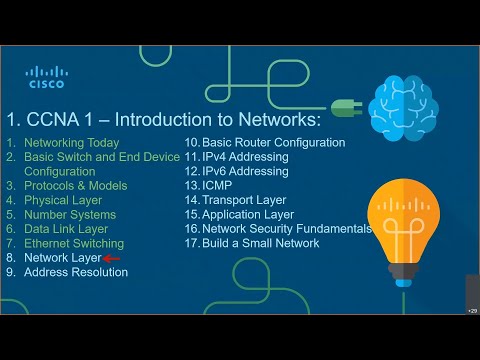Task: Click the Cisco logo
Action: click(x=45, y=77)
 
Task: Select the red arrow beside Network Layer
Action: click(x=111, y=258)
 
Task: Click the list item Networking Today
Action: click(x=71, y=143)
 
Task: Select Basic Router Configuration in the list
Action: click(x=273, y=143)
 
